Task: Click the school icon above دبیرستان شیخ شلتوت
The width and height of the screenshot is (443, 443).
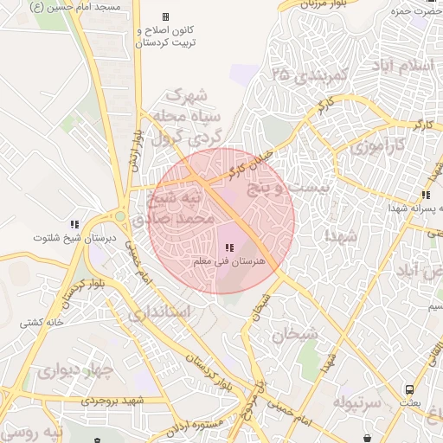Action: pyautogui.click(x=74, y=225)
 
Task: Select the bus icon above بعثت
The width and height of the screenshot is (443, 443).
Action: pyautogui.click(x=408, y=389)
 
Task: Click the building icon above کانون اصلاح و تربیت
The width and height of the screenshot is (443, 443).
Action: pyautogui.click(x=165, y=17)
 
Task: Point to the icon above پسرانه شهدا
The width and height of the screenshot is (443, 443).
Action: pyautogui.click(x=425, y=196)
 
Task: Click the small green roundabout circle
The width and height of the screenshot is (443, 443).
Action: pyautogui.click(x=120, y=217)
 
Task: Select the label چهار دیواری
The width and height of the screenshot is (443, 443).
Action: pyautogui.click(x=74, y=372)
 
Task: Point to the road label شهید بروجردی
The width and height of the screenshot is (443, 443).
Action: pyautogui.click(x=116, y=401)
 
